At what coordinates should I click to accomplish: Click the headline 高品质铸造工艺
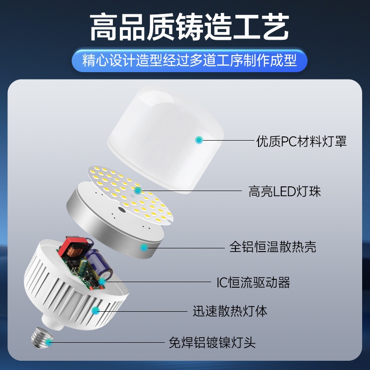[185, 27]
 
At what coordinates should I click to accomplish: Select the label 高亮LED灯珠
[284, 191]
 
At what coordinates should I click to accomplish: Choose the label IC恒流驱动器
[253, 282]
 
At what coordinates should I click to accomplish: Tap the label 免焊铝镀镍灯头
[212, 343]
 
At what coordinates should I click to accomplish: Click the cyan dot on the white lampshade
[199, 139]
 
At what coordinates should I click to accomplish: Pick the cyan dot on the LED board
[137, 190]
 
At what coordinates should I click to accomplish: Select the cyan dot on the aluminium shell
[144, 247]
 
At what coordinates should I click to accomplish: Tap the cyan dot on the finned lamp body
[96, 310]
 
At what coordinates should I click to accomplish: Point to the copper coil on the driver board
[72, 254]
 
